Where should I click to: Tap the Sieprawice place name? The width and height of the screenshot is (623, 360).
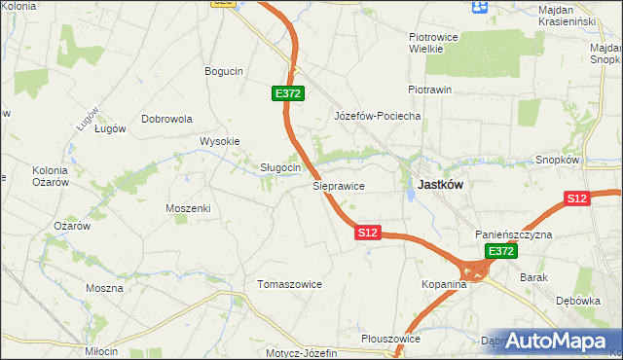pyautogui.click(x=338, y=185)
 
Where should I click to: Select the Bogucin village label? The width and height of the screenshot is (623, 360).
pyautogui.click(x=223, y=71)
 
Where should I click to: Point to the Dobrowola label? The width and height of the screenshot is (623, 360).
pyautogui.click(x=167, y=119)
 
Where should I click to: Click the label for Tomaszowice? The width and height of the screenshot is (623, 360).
pyautogui.click(x=289, y=284)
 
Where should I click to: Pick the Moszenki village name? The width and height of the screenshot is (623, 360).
pyautogui.click(x=188, y=208)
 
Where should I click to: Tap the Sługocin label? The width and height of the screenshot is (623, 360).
pyautogui.click(x=279, y=167)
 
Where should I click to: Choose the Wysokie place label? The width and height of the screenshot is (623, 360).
pyautogui.click(x=219, y=141)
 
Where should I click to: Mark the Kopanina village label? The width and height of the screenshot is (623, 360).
pyautogui.click(x=445, y=285)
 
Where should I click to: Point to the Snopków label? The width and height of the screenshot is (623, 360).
pyautogui.click(x=558, y=160)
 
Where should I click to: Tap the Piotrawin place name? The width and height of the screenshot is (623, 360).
pyautogui.click(x=429, y=90)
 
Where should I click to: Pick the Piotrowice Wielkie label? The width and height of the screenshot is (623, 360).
pyautogui.click(x=425, y=42)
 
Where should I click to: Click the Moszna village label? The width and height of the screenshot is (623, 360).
pyautogui.click(x=104, y=288)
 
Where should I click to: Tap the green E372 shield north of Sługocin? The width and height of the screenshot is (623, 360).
pyautogui.click(x=288, y=93)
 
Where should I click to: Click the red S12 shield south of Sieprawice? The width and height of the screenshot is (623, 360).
pyautogui.click(x=367, y=234)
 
